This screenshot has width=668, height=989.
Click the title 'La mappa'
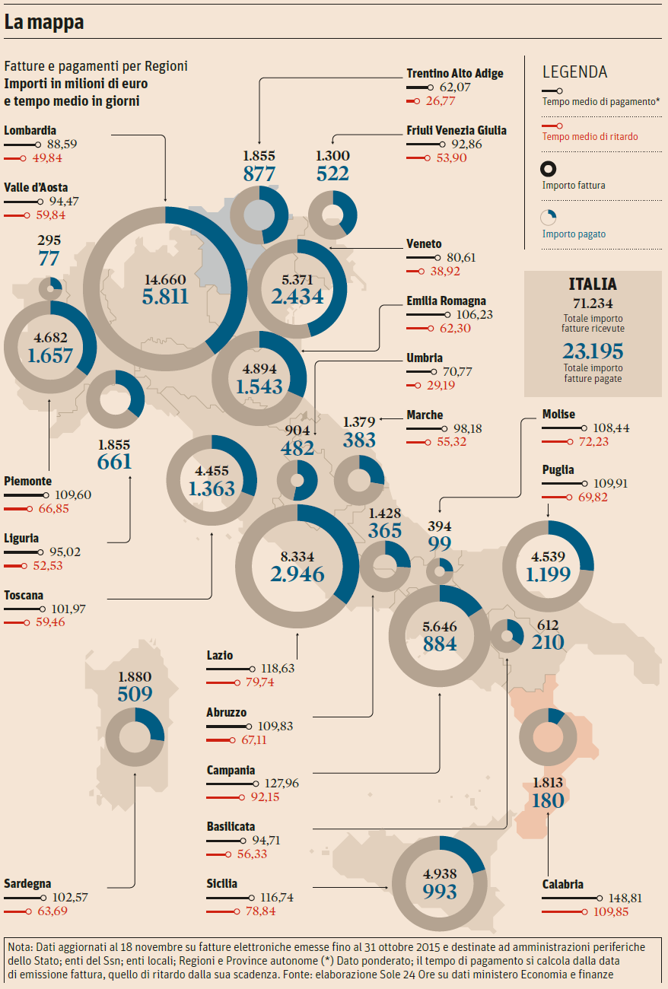43,22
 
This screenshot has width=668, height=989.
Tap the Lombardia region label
30,130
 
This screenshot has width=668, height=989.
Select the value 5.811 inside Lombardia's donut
165,295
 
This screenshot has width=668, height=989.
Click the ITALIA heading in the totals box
593,285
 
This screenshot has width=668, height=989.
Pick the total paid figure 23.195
593,351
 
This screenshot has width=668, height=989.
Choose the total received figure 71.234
593,302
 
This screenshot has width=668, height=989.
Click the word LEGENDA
575,72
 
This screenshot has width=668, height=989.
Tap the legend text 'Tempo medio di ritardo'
590,137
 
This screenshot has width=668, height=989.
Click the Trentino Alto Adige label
455,73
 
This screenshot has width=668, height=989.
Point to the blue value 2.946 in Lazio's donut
297,574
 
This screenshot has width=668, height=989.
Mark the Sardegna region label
27,883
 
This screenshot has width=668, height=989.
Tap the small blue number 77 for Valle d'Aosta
49,258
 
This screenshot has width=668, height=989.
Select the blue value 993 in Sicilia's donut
440,891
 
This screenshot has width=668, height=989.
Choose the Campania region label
231,770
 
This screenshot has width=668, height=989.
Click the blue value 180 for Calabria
548,800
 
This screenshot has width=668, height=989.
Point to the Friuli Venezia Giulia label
456,130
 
